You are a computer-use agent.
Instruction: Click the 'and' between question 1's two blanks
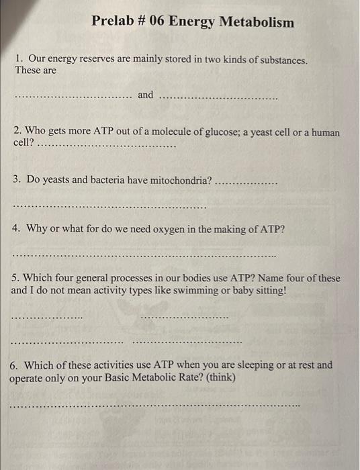tap(146, 95)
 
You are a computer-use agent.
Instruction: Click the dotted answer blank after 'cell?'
tap(107, 145)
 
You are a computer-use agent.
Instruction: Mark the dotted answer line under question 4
tap(144, 256)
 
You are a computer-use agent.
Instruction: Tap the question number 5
tap(15, 278)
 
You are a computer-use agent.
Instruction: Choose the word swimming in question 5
tap(195, 291)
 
